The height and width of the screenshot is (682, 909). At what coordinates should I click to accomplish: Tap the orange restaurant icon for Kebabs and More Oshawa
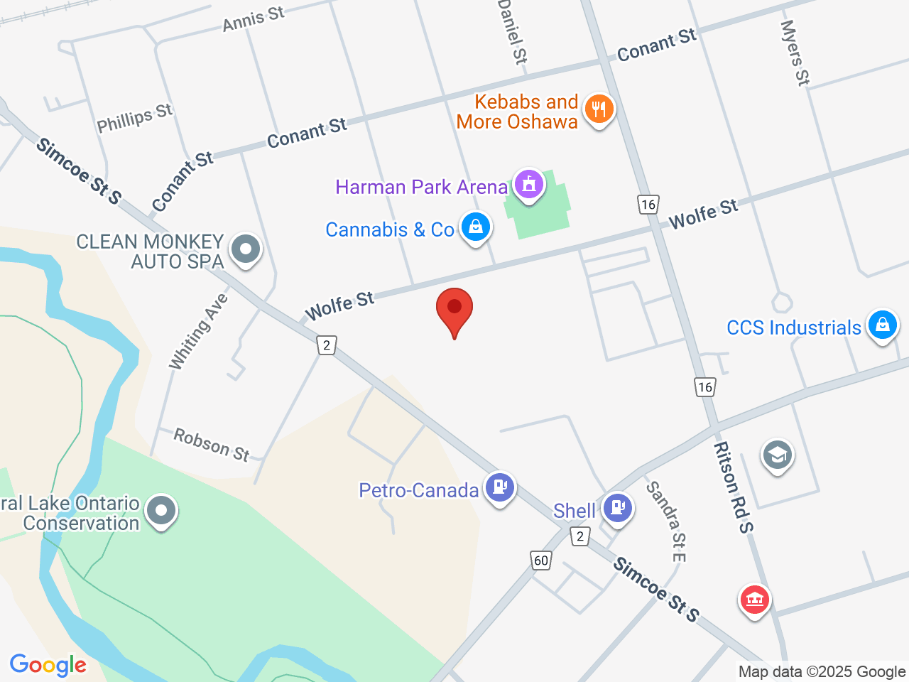pyautogui.click(x=599, y=109)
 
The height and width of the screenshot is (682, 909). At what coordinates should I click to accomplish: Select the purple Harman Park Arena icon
pyautogui.click(x=528, y=185)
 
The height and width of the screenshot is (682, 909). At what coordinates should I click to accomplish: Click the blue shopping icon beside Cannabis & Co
pyautogui.click(x=475, y=227)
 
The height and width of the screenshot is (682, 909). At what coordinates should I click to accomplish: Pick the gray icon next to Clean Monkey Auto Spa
pyautogui.click(x=246, y=249)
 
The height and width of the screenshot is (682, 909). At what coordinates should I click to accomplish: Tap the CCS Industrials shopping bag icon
pyautogui.click(x=882, y=325)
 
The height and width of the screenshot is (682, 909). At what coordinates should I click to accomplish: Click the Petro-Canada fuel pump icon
pyautogui.click(x=500, y=487)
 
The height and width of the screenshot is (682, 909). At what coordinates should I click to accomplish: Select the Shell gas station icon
pyautogui.click(x=617, y=508)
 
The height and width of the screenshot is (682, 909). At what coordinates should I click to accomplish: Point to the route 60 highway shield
pyautogui.click(x=541, y=561)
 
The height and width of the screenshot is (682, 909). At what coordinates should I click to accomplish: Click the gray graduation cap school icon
pyautogui.click(x=777, y=455)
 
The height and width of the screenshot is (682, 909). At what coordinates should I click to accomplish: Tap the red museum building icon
pyautogui.click(x=754, y=600)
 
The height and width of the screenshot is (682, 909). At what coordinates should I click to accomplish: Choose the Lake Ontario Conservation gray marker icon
pyautogui.click(x=161, y=511)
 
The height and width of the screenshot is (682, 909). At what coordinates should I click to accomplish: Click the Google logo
pyautogui.click(x=48, y=665)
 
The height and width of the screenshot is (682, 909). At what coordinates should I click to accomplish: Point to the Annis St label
pyautogui.click(x=254, y=18)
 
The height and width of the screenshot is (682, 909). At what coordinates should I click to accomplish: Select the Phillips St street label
pyautogui.click(x=135, y=118)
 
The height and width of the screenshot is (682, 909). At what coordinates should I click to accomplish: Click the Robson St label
pyautogui.click(x=212, y=445)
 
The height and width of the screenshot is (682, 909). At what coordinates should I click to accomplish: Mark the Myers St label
pyautogui.click(x=795, y=53)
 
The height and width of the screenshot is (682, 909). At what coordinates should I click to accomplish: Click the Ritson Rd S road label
pyautogui.click(x=734, y=487)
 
